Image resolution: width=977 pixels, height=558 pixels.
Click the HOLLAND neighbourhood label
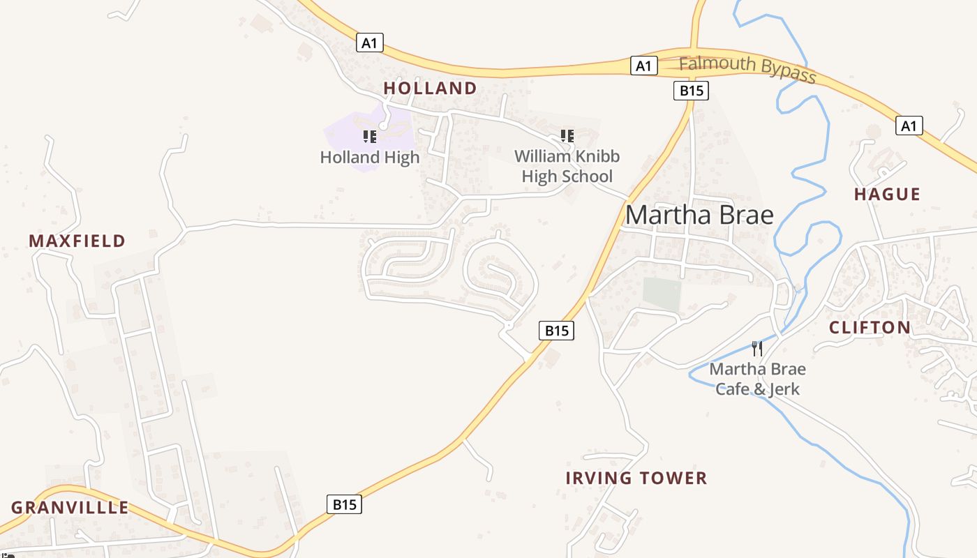(x=430, y=89)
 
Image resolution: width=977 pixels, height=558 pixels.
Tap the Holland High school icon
(x=370, y=136)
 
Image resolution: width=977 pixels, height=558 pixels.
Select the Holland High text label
(x=370, y=158)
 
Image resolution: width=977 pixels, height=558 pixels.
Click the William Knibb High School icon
(x=567, y=135)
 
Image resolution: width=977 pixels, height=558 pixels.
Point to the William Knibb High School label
(x=567, y=166)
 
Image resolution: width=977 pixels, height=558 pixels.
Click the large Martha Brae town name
(x=699, y=215)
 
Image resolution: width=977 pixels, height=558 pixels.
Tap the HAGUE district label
(x=887, y=195)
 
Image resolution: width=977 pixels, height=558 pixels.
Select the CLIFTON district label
(x=870, y=328)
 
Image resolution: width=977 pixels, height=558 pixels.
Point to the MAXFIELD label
(x=77, y=241)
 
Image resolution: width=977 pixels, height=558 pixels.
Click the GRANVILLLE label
(x=70, y=508)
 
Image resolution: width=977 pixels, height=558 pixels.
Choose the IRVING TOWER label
(x=636, y=478)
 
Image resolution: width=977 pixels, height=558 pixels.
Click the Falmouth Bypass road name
(x=747, y=68)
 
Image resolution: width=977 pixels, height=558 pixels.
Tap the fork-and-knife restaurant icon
(x=757, y=348)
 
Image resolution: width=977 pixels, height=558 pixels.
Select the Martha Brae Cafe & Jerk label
(x=757, y=379)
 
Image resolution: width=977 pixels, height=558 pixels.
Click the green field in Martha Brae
(x=662, y=294)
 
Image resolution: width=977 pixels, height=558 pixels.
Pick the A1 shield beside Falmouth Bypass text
(x=643, y=66)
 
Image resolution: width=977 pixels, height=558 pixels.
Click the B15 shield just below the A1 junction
(x=691, y=91)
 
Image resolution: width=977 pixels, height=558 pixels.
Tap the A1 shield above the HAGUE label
(x=908, y=126)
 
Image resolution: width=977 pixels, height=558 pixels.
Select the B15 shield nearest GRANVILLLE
(x=345, y=504)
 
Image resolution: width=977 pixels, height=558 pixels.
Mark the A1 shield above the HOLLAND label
(x=370, y=43)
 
